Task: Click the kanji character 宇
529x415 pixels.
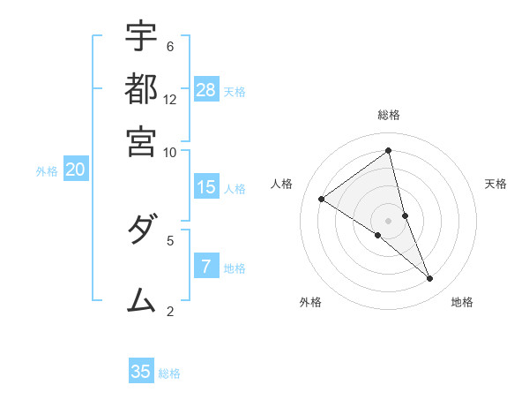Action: click(141, 36)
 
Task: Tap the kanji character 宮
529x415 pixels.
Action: click(141, 140)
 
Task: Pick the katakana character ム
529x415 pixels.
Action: click(141, 300)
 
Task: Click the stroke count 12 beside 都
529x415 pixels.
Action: click(170, 99)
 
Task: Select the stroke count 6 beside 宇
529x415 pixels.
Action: click(170, 46)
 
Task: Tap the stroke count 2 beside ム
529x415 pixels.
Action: click(170, 311)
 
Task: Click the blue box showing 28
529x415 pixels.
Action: click(206, 90)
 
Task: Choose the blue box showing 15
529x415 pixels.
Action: click(206, 187)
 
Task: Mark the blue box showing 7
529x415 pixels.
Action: click(206, 267)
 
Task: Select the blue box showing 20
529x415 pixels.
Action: click(75, 170)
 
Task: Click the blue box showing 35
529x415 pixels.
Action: click(141, 372)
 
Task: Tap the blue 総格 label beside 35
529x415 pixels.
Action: click(169, 373)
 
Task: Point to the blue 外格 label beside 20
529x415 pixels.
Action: click(47, 172)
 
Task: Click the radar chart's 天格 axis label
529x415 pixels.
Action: click(495, 184)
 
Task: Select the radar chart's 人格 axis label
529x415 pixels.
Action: click(282, 184)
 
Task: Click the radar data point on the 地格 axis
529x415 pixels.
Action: click(430, 279)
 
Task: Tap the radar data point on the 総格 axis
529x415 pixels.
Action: click(389, 151)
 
